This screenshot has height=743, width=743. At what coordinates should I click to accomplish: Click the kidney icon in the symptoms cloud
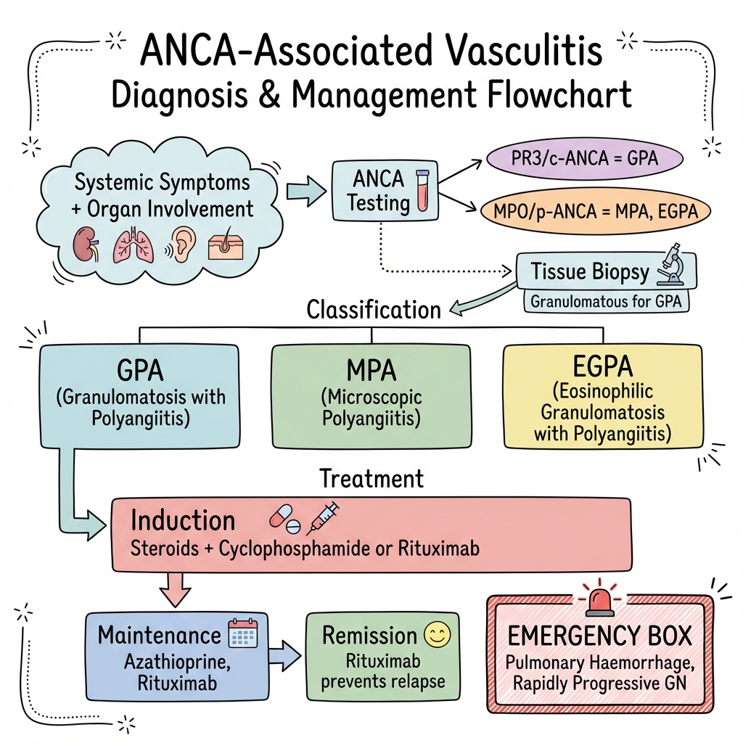[x=89, y=245]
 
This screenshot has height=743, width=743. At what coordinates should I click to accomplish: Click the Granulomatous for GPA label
[x=607, y=300]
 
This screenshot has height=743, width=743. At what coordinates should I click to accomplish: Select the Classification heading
[x=374, y=310]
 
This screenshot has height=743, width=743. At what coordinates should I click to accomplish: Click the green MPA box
[x=370, y=395]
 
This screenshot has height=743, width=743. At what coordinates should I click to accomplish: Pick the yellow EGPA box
[x=602, y=395]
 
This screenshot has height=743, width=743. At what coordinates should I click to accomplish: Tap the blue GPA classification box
[x=139, y=395]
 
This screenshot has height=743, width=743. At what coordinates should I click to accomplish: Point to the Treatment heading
[x=371, y=479]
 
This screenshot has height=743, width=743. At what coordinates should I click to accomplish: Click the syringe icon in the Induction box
[x=324, y=517]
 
